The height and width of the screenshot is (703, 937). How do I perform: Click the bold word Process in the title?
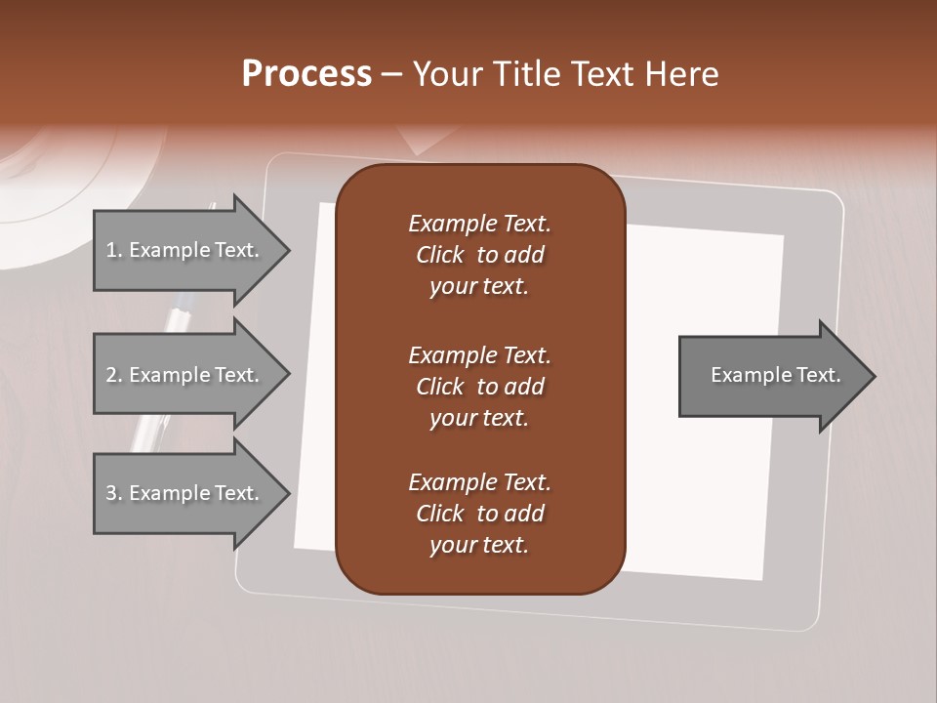coord(306,74)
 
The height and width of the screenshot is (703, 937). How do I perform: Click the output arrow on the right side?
coord(771,375)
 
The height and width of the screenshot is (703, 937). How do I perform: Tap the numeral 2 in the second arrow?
coord(110,375)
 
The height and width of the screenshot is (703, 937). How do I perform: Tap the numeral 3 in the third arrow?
coord(110,493)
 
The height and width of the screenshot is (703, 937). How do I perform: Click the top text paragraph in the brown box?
coord(479,255)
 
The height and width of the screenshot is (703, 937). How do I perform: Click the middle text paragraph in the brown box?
coord(479,387)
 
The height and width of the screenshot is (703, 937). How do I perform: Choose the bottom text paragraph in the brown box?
coord(479,514)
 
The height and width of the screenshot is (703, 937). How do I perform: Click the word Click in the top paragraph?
coord(440,255)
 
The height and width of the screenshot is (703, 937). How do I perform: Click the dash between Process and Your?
coord(392,75)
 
